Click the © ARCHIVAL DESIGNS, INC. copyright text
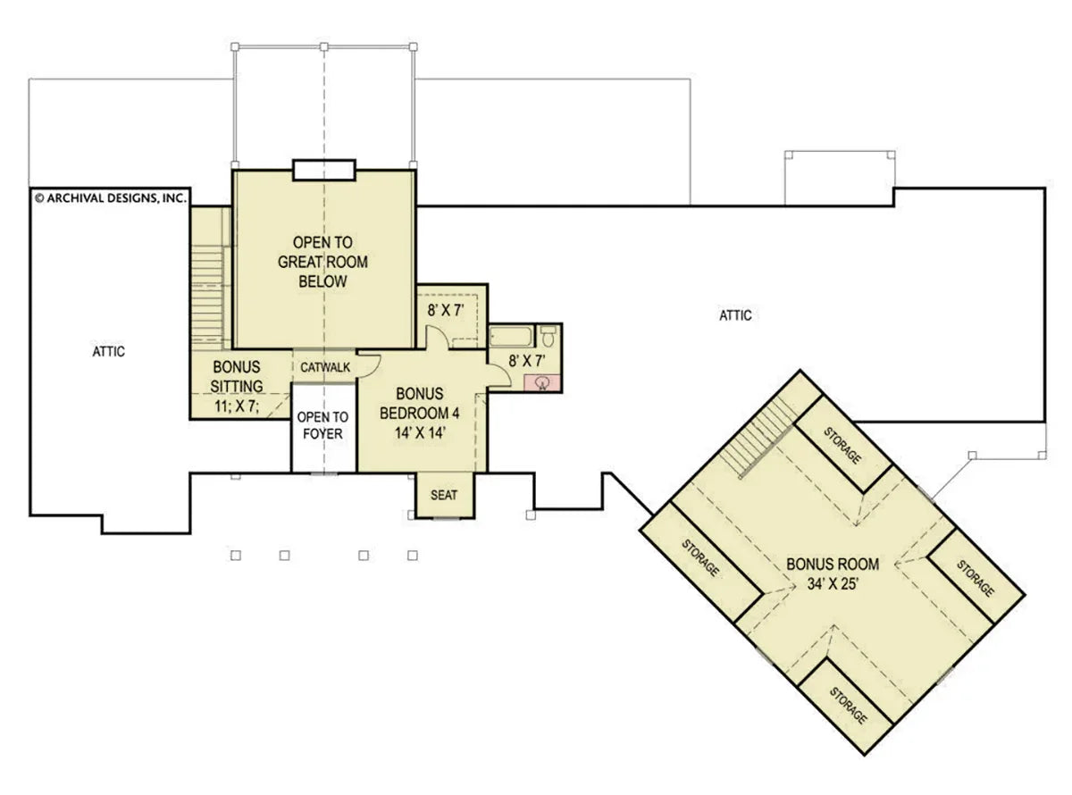tap(110, 197)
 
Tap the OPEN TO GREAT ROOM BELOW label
tap(322, 262)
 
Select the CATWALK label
tap(324, 367)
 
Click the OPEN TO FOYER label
tap(322, 425)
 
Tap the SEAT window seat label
tap(444, 495)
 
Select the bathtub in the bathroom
tap(512, 337)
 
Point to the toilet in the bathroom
tap(549, 337)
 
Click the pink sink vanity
tap(541, 383)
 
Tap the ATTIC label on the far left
tap(108, 352)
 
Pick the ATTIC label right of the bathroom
tap(735, 315)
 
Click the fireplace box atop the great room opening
tap(323, 170)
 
